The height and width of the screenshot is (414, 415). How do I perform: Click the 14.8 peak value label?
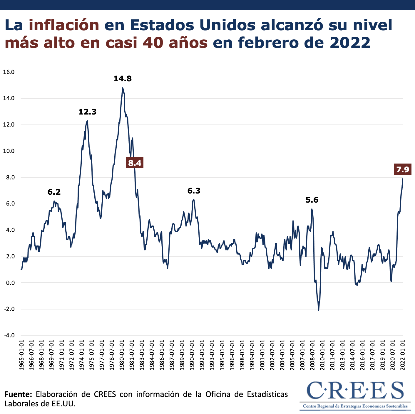pyautogui.click(x=123, y=79)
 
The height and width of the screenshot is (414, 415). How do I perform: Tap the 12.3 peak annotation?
pyautogui.click(x=87, y=112)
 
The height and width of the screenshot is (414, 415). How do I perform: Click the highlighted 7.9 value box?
pyautogui.click(x=402, y=169)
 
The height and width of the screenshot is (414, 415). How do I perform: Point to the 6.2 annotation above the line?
pyautogui.click(x=54, y=192)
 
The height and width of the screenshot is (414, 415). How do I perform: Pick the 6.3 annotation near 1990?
pyautogui.click(x=194, y=191)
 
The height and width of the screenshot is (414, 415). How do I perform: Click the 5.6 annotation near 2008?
pyautogui.click(x=312, y=200)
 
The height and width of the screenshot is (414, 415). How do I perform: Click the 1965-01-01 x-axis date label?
pyautogui.click(x=22, y=355)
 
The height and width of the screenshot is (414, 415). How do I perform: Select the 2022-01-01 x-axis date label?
pyautogui.click(x=403, y=355)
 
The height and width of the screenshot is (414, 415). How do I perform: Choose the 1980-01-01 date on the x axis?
pyautogui.click(x=122, y=355)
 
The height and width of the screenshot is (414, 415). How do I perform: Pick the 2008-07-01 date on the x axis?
pyautogui.click(x=312, y=355)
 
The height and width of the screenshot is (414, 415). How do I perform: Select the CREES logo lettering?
pyautogui.click(x=355, y=391)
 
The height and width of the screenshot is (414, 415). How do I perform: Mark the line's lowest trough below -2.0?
pyautogui.click(x=319, y=310)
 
